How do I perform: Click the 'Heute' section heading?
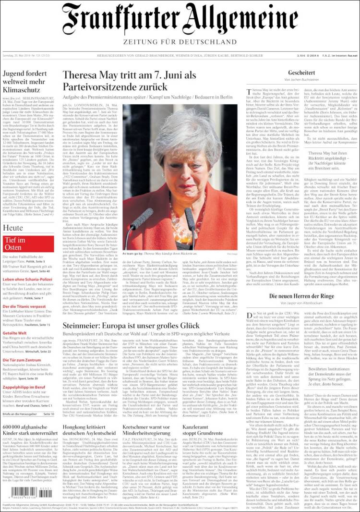pyautogui.click(x=12, y=228)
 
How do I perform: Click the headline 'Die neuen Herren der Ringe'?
pyautogui.click(x=301, y=296)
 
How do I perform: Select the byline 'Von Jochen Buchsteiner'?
pyautogui.click(x=301, y=79)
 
